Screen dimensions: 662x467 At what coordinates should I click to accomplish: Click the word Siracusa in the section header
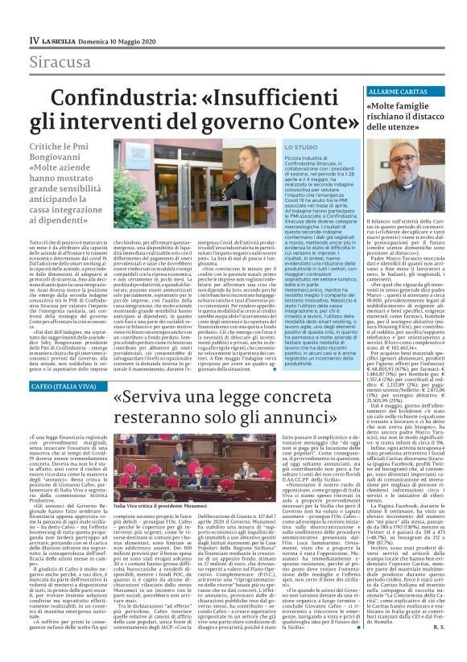point(60,62)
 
